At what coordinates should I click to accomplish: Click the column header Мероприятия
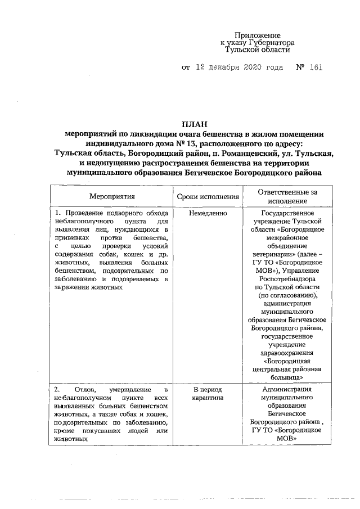tap(112, 197)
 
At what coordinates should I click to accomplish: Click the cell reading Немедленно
tap(208, 214)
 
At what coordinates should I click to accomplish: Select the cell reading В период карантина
tap(208, 394)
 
